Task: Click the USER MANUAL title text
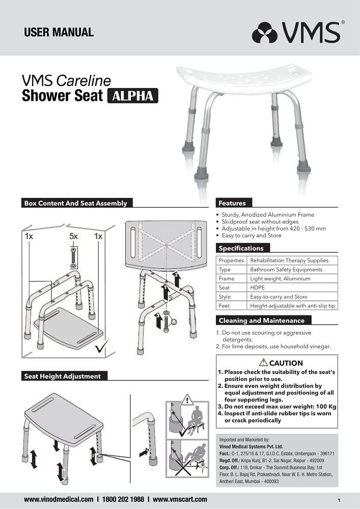click(59, 32)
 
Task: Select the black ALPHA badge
click(132, 96)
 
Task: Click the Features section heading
click(232, 203)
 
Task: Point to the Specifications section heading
click(241, 248)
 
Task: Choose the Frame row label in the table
click(227, 278)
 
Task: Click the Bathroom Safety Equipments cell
click(286, 269)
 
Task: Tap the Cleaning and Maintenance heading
click(261, 321)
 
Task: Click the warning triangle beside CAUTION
click(263, 363)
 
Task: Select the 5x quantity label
click(74, 237)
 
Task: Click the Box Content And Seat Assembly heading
click(75, 203)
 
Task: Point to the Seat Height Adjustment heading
click(63, 376)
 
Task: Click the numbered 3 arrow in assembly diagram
click(158, 320)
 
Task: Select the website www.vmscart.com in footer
click(180, 499)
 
